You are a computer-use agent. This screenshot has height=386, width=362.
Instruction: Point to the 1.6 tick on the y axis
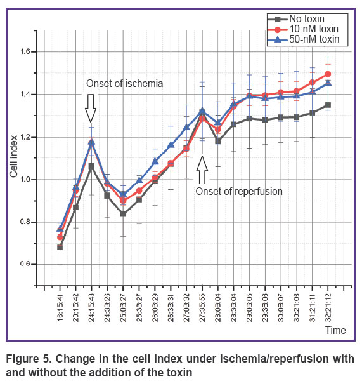point(25,52)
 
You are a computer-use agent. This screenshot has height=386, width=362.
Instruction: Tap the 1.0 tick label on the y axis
point(25,180)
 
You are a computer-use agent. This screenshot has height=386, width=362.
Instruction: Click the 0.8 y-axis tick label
point(25,222)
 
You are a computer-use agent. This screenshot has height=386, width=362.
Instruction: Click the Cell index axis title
point(14,157)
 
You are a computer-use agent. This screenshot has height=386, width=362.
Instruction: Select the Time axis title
point(335,330)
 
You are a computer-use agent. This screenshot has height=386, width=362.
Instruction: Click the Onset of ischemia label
point(125,84)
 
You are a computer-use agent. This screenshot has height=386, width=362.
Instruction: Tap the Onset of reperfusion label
point(239,192)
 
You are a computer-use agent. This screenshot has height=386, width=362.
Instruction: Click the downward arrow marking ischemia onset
point(91,109)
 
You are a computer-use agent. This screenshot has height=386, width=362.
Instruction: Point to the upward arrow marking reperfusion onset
point(202,170)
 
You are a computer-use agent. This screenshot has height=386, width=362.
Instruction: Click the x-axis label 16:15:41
point(60,307)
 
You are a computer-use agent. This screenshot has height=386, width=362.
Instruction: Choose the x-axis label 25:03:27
point(123,307)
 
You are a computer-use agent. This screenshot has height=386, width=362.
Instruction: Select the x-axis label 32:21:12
point(328,307)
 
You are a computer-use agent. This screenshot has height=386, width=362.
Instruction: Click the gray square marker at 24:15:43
point(91,167)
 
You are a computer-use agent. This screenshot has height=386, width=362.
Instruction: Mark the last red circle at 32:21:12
point(328,74)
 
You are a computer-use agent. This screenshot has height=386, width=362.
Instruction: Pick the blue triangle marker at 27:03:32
point(186,127)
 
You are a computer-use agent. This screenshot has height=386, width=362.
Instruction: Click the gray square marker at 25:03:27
point(123,214)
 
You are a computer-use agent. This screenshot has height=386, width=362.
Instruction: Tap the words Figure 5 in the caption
point(29,359)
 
